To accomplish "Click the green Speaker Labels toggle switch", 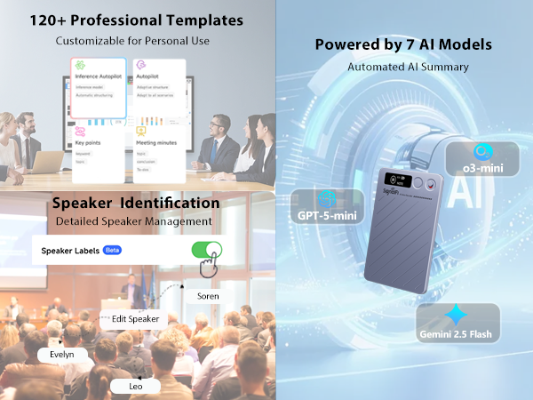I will coord(207,250).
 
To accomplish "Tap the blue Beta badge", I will coord(113,251).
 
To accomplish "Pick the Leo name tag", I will coord(135,386).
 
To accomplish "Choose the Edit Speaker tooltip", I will coord(135,318).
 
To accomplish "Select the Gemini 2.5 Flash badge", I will coord(457,324).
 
